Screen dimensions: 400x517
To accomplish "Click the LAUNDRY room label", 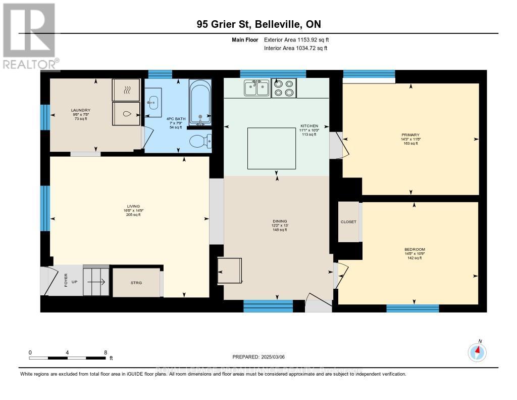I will click(80, 110).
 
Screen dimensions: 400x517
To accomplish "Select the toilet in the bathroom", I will click(200, 140).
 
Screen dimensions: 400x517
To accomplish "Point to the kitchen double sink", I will click(256, 88).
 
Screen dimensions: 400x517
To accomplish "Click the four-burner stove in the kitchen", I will click(283, 88).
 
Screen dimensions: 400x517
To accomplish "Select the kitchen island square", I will click(271, 148).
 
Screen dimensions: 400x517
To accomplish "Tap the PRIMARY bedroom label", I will click(410, 135).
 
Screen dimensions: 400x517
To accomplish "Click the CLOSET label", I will click(348, 222).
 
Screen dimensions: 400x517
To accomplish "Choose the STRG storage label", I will click(135, 283).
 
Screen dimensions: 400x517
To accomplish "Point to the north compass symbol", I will click(477, 351).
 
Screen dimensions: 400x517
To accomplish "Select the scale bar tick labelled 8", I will click(105, 352).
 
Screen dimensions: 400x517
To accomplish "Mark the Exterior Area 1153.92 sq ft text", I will click(296, 39).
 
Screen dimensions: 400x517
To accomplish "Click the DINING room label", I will click(280, 221).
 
